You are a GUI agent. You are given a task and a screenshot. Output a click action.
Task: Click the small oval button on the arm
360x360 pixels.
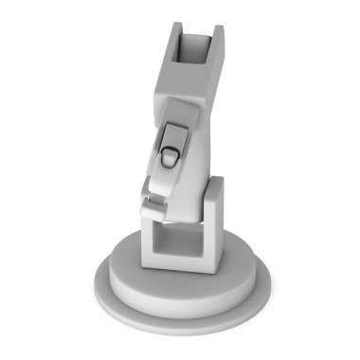[170, 155]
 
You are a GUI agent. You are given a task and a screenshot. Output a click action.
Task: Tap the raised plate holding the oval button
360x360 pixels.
[174, 141]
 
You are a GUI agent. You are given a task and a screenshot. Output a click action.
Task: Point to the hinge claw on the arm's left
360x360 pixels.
[152, 194]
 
